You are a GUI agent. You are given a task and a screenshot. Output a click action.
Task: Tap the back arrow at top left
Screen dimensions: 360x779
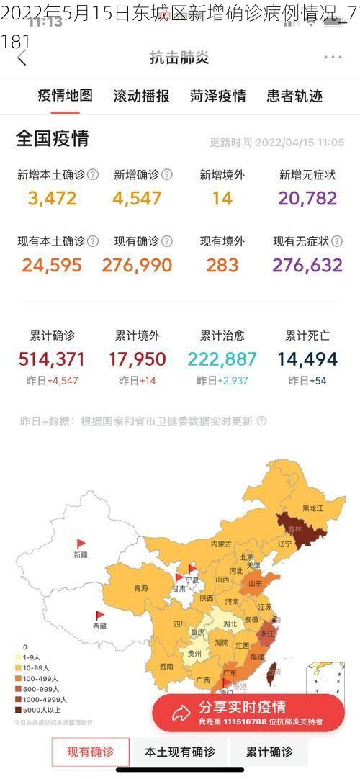pos(22,58)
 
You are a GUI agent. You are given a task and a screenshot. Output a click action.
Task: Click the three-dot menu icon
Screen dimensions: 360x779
pos(333,57)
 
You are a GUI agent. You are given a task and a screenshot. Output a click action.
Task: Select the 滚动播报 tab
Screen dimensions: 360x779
pos(141,96)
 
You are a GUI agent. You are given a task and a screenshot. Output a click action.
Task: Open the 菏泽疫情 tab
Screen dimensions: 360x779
pos(217,96)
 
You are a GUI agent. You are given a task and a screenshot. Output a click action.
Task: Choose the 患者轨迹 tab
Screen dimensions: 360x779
pos(294,96)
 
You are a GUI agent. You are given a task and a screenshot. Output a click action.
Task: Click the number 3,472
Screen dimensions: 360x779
pos(52,198)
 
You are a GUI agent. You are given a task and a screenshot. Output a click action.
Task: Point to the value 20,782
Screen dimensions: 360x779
pos(307,198)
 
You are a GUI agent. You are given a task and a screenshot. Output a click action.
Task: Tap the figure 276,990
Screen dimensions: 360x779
pos(137,265)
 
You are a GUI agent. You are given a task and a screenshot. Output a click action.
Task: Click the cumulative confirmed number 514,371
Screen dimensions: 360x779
pos(52,359)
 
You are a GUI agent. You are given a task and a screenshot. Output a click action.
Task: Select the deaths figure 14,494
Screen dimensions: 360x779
pos(307,359)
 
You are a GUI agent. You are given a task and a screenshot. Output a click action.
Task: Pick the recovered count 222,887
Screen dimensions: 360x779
pos(222,359)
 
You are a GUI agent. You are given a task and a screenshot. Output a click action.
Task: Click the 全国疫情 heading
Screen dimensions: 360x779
pos(53,139)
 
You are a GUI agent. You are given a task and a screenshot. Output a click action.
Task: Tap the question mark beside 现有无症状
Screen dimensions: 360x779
pos(337,241)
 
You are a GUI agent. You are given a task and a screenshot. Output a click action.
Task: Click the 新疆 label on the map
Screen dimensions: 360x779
pos(80,554)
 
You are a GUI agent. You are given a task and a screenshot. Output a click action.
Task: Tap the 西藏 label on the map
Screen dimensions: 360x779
pos(99,626)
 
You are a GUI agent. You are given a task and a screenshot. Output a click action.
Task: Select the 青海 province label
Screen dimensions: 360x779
pos(140,588)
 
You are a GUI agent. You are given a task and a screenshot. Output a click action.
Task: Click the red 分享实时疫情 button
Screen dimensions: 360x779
pos(248,712)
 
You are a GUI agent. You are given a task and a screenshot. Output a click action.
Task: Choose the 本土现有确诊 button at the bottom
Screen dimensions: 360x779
pos(180,752)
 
